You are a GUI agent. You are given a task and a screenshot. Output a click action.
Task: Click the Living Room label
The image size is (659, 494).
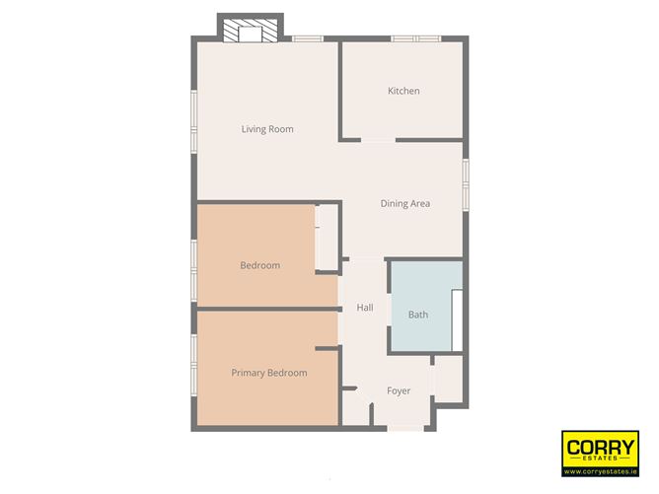coord(267,129)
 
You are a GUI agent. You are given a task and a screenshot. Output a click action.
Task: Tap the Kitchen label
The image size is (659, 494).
coord(403,91)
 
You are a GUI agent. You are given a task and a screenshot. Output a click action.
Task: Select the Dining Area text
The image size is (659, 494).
coord(405,204)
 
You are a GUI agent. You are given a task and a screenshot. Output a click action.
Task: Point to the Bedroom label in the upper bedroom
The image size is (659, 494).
coord(260,265)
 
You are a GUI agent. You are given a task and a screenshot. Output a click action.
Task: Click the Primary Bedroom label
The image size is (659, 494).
coord(268,373)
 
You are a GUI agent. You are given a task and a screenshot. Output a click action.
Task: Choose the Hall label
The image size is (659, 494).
coord(365,309)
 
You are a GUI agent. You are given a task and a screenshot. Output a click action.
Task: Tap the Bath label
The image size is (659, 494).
coord(418,316)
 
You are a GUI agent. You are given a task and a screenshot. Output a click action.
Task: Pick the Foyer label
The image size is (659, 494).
coord(398,391)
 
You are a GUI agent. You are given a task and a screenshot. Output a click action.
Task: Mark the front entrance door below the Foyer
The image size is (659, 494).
coord(403,428)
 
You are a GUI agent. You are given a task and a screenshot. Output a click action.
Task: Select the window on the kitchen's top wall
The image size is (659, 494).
coord(414,38)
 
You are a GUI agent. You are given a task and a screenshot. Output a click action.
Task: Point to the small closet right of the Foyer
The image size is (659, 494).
coord(448,379)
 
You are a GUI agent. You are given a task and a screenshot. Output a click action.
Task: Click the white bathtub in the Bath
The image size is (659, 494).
coord(457,319)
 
